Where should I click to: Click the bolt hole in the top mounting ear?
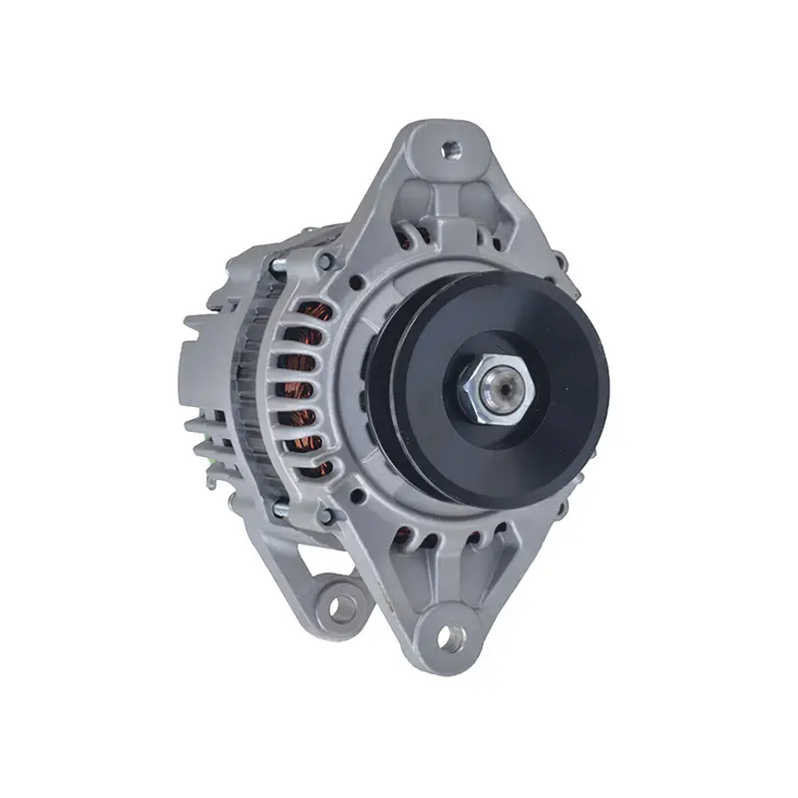(450, 151)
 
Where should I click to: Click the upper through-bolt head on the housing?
(324, 261)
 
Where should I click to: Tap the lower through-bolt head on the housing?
(325, 516)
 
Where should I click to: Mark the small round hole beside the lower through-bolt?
(354, 493)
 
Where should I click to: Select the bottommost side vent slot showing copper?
(317, 464)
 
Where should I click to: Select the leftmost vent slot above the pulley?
(406, 235)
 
